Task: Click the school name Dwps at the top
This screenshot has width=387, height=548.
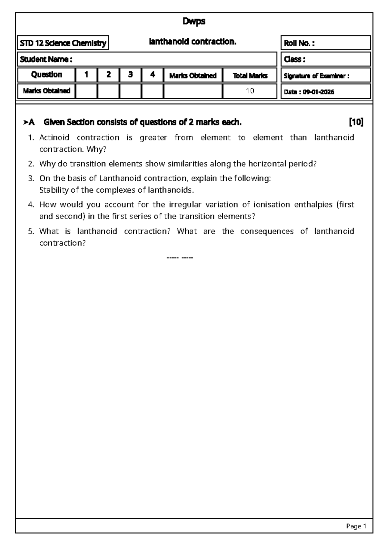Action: pos(194,21)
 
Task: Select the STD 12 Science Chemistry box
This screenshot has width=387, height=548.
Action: pos(63,43)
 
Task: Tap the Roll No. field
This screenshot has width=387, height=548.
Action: pos(325,43)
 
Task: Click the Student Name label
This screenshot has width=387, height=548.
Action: pos(46,59)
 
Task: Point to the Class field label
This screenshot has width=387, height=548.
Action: pos(294,59)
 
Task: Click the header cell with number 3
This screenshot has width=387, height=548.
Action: pos(130,75)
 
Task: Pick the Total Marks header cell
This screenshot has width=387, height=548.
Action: pos(250,76)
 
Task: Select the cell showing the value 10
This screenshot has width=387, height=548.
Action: pos(250,91)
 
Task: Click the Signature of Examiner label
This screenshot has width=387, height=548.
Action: pos(316,76)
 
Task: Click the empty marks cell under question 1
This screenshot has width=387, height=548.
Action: pos(86,91)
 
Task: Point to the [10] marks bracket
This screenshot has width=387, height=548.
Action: pos(356,122)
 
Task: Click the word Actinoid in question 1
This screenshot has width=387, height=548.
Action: pos(54,138)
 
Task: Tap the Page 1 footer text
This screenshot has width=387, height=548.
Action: pos(356,526)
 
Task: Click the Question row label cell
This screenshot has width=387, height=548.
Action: pos(46,75)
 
